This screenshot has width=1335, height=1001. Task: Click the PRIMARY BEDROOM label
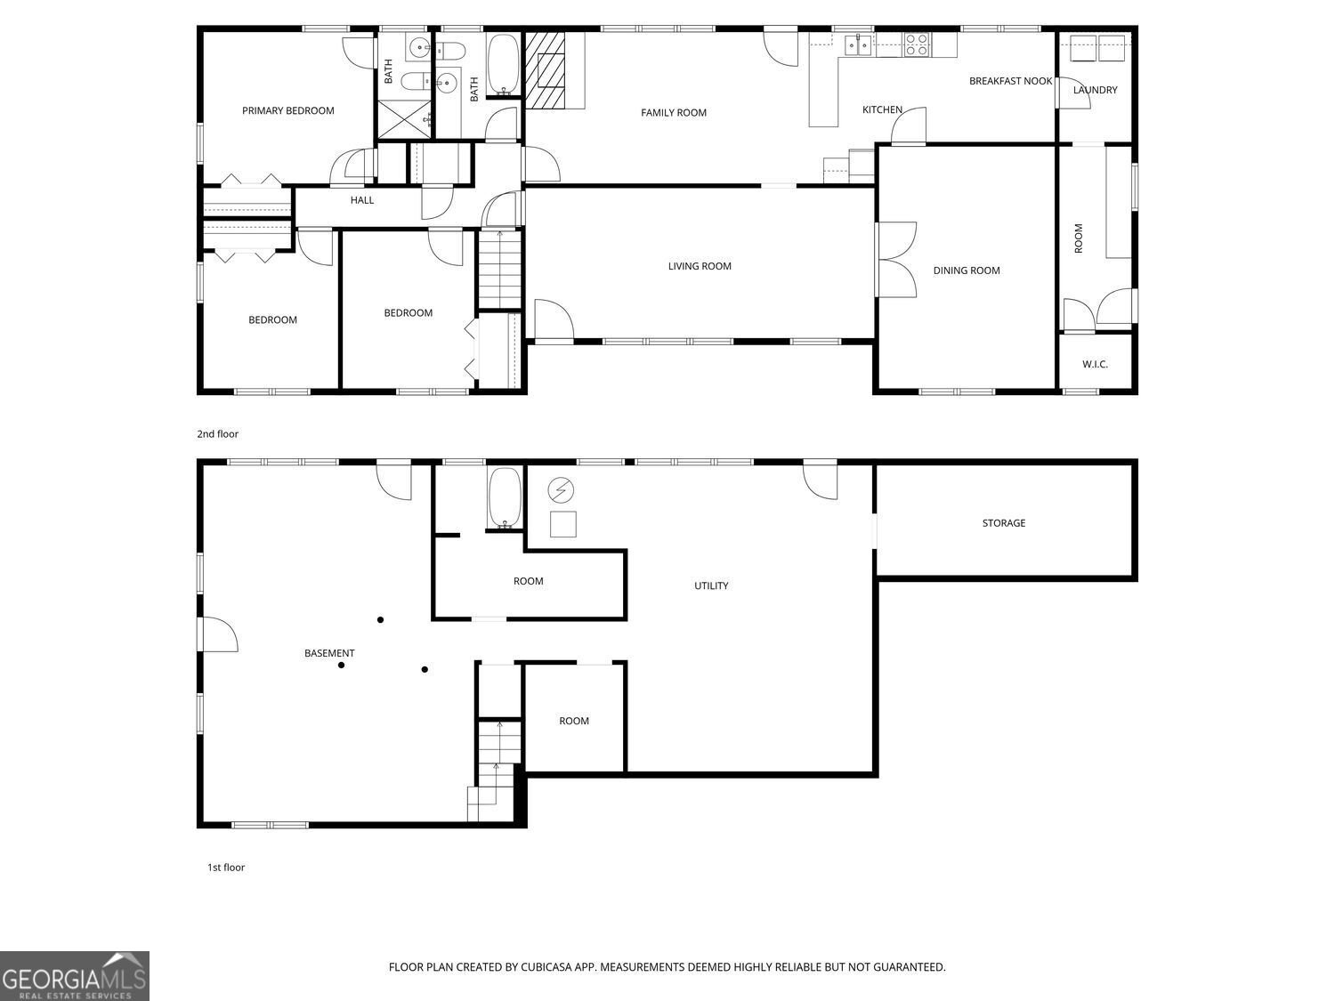pos(287,111)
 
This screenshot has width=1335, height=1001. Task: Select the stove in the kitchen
pos(917,44)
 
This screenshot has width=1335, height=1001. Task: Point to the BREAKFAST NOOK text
pos(1010,81)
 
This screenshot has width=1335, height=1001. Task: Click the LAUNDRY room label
pos(1095,90)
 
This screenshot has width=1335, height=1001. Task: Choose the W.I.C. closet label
pos(1095,365)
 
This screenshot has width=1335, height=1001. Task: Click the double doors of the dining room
pos(897,259)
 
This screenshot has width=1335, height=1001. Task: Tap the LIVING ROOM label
pos(700,266)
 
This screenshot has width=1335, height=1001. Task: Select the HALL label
pos(362,200)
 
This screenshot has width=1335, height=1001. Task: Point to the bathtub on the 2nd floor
pos(503,64)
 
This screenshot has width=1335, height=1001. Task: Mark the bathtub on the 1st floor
pos(504,497)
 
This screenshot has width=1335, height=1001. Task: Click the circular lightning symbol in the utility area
pos(561,489)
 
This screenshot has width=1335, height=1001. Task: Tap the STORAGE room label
pos(1003,523)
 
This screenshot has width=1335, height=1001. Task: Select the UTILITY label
pos(711,585)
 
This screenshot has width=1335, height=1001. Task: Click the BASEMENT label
pos(329,653)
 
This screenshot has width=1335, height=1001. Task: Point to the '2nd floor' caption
pos(218,434)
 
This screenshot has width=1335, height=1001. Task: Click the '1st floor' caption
pos(226,868)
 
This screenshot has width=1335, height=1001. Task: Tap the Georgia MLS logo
pos(75,976)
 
